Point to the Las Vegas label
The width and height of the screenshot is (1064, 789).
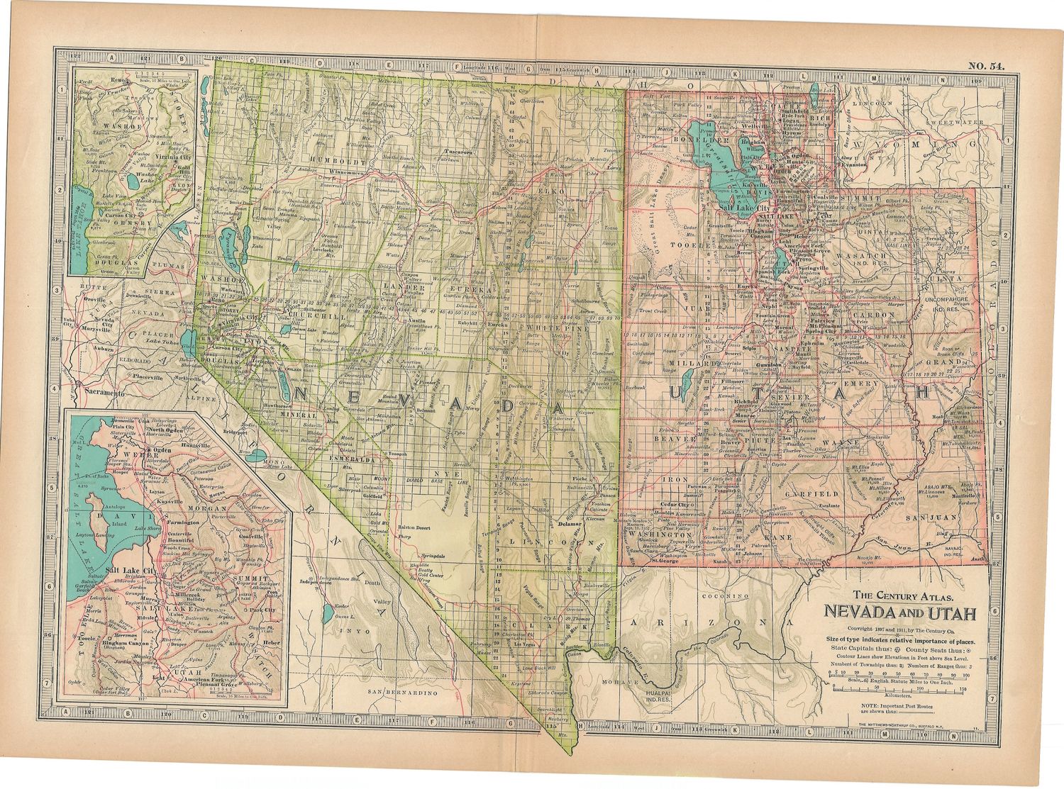[x=525, y=645]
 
